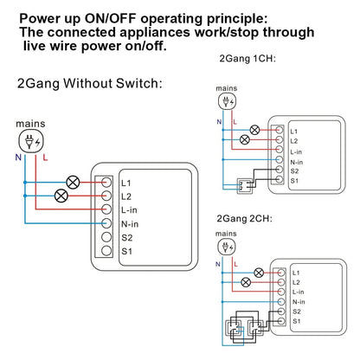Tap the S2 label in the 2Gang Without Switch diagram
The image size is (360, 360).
[127, 235]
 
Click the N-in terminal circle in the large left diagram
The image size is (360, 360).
[106, 222]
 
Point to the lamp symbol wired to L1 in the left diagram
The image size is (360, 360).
[75, 183]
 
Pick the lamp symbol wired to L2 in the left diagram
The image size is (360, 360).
[61, 196]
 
